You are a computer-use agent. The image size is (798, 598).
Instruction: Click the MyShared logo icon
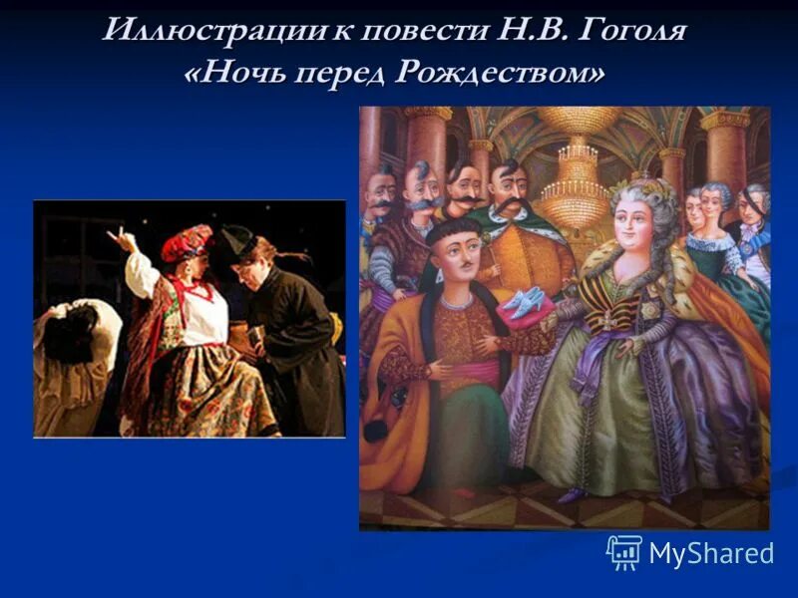pyautogui.click(x=623, y=552)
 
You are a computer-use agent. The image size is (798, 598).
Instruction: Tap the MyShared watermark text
pyautogui.click(x=710, y=554)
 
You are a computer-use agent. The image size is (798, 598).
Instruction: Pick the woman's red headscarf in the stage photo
pyautogui.click(x=190, y=242)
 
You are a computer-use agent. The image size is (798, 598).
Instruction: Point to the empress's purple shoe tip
pyautogui.click(x=570, y=495)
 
